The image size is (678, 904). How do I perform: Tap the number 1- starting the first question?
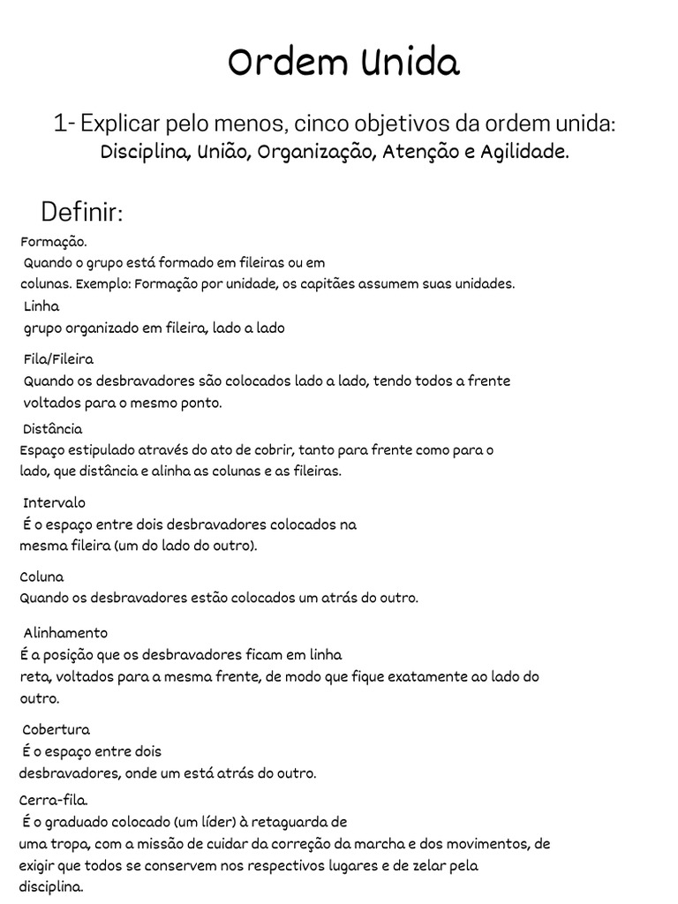click(x=64, y=124)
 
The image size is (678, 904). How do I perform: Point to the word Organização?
click(x=319, y=153)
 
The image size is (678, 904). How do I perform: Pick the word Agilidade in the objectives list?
click(x=524, y=152)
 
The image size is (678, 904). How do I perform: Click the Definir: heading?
click(x=82, y=212)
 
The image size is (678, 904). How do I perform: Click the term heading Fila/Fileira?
click(x=58, y=359)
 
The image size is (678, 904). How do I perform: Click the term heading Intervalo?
click(x=55, y=502)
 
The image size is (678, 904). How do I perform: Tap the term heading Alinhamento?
click(x=65, y=633)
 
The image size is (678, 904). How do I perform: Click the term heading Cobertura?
click(x=56, y=730)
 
